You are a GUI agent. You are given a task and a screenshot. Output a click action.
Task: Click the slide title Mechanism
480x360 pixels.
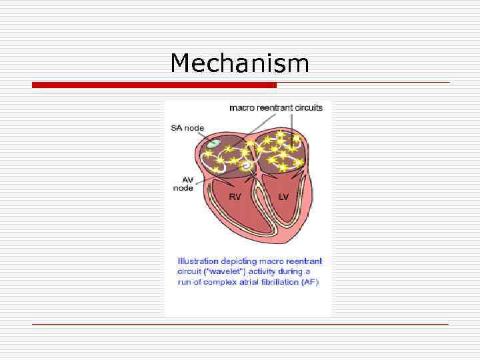coord(239,63)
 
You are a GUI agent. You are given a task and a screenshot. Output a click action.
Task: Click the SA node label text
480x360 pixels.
coord(187,127)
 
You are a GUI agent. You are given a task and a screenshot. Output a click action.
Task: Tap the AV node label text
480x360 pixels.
coord(183,183)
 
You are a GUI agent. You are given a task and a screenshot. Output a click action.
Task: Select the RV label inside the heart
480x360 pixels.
coord(235,197)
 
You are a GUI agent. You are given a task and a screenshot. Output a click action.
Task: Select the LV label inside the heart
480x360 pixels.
coord(283,197)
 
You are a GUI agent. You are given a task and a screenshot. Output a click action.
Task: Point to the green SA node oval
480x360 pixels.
coord(213,143)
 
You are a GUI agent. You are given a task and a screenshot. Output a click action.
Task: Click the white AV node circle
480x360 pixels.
coord(247,163)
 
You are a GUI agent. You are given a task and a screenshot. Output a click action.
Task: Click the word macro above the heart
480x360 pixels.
coord(241,108)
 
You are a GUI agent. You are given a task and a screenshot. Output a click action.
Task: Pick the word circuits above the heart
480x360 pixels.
coord(308,108)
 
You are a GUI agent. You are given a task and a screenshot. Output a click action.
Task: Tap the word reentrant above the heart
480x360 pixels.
coord(274,108)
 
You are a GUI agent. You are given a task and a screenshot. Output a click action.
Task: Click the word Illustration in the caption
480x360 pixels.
coord(197,261)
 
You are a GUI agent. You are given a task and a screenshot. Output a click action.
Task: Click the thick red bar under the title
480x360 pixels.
coord(154,85)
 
